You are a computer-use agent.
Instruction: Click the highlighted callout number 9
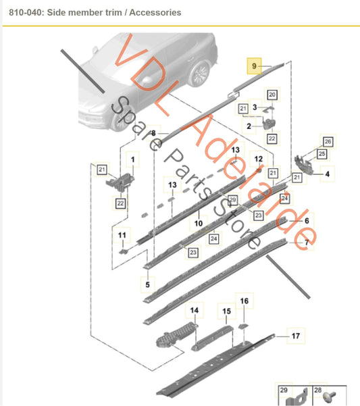click(254, 66)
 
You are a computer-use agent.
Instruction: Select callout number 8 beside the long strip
click(153, 132)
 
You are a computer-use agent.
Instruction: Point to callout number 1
click(132, 159)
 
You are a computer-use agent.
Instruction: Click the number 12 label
click(257, 159)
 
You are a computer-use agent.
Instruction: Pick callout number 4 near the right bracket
click(327, 174)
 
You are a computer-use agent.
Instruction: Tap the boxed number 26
click(328, 141)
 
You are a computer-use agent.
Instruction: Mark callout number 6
click(306, 221)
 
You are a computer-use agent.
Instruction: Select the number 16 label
click(245, 301)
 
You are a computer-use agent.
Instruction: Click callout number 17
click(294, 335)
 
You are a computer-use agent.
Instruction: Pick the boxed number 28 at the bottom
click(318, 390)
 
